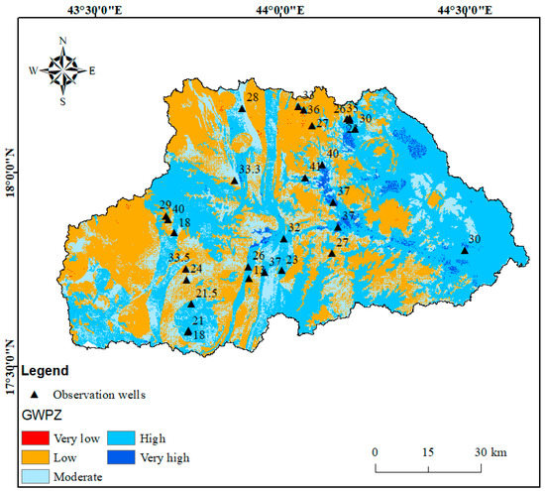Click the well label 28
[253, 97]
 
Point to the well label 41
[316, 166]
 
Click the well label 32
[293, 228]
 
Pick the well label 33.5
[179, 258]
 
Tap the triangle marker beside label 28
[242, 108]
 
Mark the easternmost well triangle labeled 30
[465, 251]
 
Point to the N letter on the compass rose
[62, 41]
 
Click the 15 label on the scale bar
[427, 452]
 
